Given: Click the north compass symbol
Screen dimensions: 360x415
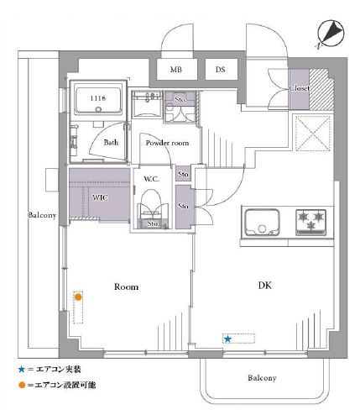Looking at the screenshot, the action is (x=331, y=34).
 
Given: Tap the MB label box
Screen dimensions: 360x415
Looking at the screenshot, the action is (x=177, y=69).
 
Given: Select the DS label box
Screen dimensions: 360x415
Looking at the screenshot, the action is (x=222, y=69).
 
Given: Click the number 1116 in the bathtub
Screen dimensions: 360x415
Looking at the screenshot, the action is (x=98, y=98).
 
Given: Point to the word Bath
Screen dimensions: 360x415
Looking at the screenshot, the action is (x=111, y=143).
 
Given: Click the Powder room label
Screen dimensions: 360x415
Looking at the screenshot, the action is (x=167, y=143).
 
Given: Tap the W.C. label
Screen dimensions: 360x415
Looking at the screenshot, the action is (x=151, y=179).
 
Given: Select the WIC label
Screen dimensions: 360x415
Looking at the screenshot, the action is (x=100, y=197).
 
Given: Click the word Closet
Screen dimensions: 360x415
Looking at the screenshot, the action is (x=300, y=88).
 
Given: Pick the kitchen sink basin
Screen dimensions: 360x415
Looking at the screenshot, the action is (x=262, y=223).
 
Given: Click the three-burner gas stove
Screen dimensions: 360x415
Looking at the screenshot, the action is (x=311, y=222).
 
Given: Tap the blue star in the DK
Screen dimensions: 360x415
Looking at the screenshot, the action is (x=227, y=339).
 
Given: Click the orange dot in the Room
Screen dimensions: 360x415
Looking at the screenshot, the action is (x=78, y=297).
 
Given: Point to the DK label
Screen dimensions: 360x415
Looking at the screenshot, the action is (x=264, y=286).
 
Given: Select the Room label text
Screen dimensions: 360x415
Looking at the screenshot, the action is (x=126, y=286).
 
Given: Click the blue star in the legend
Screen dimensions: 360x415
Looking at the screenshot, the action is (x=22, y=370).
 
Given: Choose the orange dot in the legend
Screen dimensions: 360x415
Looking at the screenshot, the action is (x=22, y=386).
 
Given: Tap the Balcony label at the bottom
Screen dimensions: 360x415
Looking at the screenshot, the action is (x=262, y=378).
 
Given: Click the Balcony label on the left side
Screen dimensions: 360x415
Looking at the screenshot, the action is (x=42, y=215).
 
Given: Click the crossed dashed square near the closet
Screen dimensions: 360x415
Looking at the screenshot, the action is (x=313, y=134).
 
